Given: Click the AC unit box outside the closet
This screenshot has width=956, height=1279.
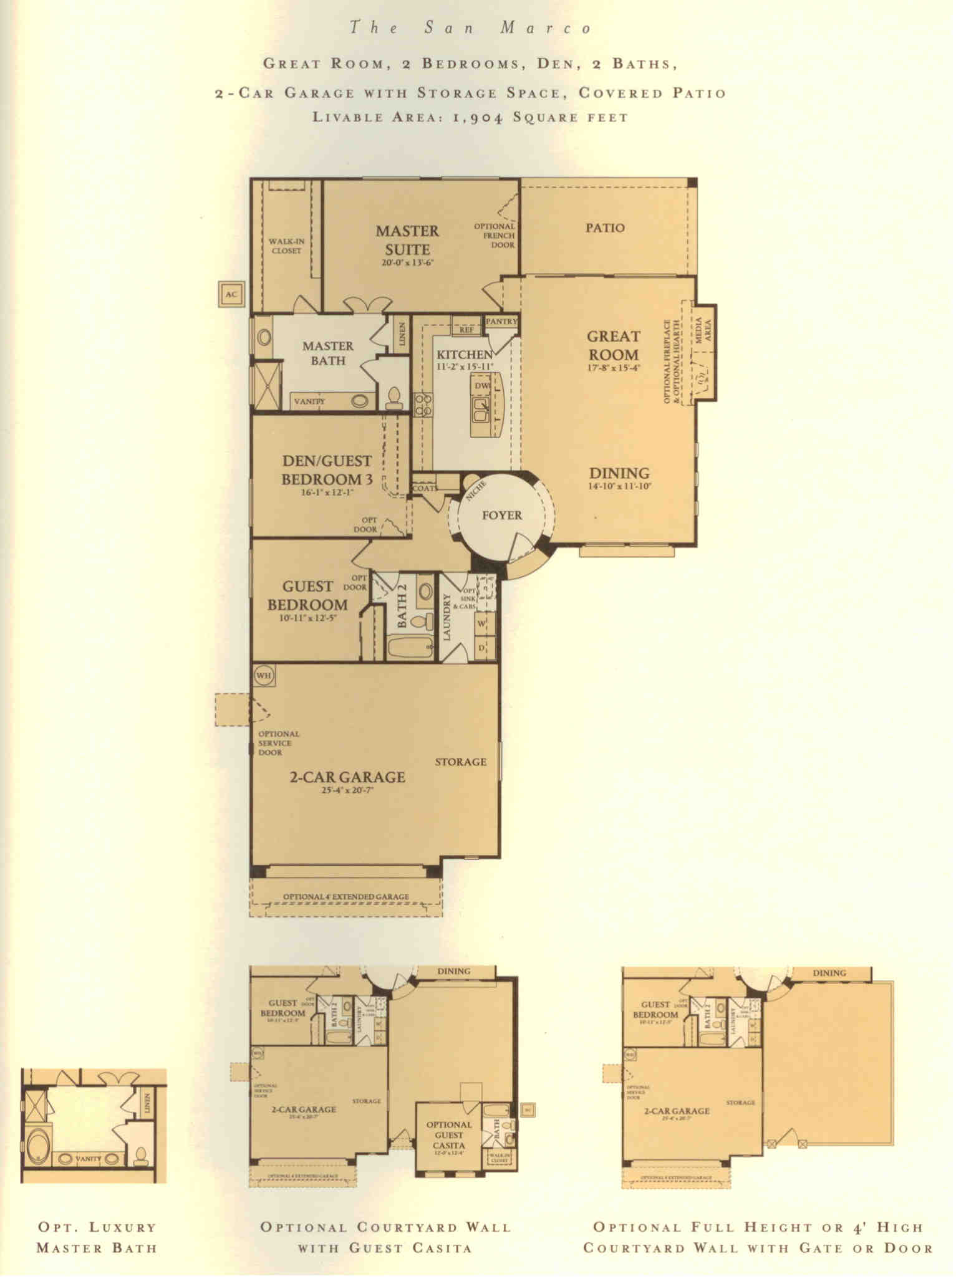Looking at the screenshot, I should (231, 294).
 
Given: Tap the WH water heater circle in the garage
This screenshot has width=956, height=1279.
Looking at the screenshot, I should (264, 676).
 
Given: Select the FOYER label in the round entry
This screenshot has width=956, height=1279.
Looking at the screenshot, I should (502, 515).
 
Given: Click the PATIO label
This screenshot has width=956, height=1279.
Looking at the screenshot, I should (605, 228).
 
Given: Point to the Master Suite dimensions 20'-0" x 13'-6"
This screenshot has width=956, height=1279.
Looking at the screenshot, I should (407, 263).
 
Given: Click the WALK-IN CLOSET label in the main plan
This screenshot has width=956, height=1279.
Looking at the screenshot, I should (286, 246).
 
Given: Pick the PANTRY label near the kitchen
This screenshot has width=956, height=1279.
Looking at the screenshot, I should (501, 322).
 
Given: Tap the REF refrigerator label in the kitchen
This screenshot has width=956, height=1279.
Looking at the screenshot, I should (466, 329).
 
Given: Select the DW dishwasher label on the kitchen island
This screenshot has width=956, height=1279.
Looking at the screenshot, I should (482, 386).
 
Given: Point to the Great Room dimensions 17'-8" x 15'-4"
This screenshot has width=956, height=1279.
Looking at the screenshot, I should (614, 368).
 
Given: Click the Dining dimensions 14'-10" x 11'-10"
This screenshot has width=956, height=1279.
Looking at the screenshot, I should (619, 487).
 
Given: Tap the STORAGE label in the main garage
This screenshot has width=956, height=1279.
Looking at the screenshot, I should (460, 762).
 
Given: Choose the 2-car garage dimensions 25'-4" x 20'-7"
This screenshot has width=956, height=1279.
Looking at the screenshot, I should (347, 790).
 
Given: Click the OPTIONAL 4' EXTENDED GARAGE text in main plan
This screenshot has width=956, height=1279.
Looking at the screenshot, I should (346, 897).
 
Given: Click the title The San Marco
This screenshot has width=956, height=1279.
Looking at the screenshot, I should (470, 28).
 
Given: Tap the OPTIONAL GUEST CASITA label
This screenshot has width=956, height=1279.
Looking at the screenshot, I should (448, 1136).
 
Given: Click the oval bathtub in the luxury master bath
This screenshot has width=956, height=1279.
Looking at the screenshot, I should (36, 1145).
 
